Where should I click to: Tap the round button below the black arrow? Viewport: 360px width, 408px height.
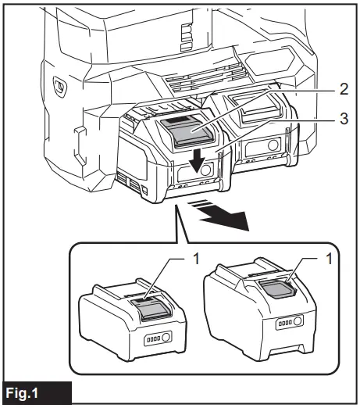(204, 170)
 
